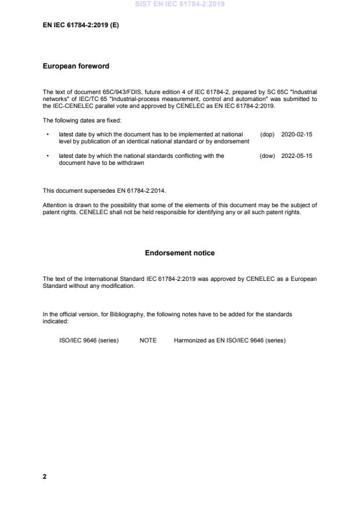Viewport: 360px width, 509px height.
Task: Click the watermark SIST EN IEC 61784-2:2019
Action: tap(179, 4)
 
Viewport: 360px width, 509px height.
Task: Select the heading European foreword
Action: tap(76, 66)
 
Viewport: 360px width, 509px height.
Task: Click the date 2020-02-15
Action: tap(296, 134)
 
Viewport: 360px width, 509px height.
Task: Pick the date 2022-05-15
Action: tap(296, 156)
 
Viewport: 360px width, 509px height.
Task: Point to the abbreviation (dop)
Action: tap(267, 134)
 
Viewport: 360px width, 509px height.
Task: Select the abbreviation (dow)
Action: tap(267, 156)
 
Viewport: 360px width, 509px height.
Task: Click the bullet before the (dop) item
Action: tap(47, 134)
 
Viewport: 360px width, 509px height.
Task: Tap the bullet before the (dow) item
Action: tap(47, 156)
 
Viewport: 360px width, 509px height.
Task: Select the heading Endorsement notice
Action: tap(179, 253)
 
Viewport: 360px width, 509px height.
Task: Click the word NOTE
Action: tap(148, 341)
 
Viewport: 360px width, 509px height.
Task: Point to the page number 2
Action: tap(45, 476)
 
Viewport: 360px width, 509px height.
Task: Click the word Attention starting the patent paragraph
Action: tap(55, 205)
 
